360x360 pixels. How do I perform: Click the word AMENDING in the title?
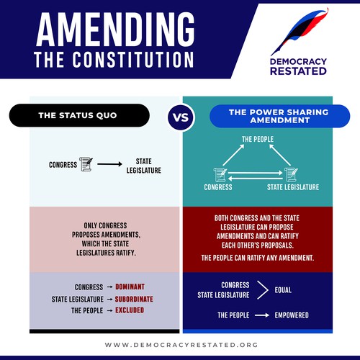(115, 30)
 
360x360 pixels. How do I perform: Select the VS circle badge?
(181, 117)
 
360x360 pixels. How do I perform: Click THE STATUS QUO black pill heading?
(79, 115)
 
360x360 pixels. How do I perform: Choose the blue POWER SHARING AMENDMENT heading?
(279, 116)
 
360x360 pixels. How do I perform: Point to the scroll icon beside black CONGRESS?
(86, 164)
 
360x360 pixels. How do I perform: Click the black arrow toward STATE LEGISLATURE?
(109, 164)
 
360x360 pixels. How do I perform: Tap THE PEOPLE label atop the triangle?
(258, 139)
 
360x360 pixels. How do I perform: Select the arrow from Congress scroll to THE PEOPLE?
(233, 155)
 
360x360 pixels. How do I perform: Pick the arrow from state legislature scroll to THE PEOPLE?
(280, 155)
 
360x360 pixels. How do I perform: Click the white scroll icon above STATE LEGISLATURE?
(291, 174)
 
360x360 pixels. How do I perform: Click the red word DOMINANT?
(130, 287)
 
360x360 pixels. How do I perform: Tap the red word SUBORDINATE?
(134, 299)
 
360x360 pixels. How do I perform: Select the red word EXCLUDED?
(130, 310)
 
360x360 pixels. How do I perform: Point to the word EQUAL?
(283, 290)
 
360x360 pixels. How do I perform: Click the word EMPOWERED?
(292, 315)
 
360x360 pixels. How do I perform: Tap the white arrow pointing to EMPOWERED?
(262, 315)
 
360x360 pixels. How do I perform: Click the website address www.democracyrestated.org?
(181, 345)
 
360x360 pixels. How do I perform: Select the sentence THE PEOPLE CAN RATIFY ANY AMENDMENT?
(258, 258)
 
